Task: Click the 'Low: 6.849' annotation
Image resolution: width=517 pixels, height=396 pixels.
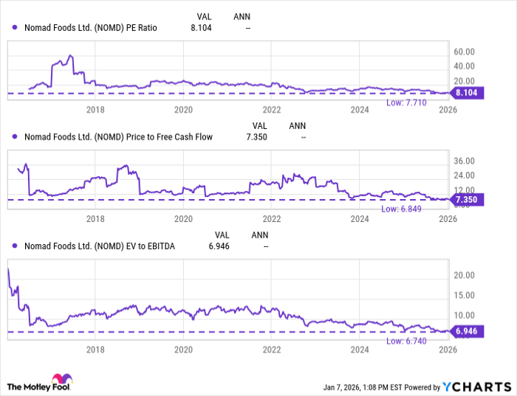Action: click(x=400, y=209)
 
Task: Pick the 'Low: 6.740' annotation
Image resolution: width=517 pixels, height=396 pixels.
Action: click(x=405, y=340)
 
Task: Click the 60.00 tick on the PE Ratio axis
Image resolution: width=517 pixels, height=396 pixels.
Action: click(x=464, y=52)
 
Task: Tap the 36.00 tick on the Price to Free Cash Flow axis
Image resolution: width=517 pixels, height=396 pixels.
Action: click(x=464, y=161)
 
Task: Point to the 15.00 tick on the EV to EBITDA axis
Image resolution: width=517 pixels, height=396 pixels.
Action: click(x=464, y=295)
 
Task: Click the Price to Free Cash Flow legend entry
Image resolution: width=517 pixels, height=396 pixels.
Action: click(x=111, y=136)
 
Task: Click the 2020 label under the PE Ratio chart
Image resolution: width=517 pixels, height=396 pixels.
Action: click(x=183, y=110)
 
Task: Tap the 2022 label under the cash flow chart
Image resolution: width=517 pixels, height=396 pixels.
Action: click(x=272, y=218)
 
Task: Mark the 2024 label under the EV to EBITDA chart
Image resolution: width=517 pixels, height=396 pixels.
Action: click(x=360, y=350)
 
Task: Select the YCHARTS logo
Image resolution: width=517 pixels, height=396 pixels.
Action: click(x=477, y=386)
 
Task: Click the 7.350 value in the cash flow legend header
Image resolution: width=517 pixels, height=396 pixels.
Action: click(x=256, y=136)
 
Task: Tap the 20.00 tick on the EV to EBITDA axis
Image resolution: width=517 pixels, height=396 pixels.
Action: click(x=464, y=274)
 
